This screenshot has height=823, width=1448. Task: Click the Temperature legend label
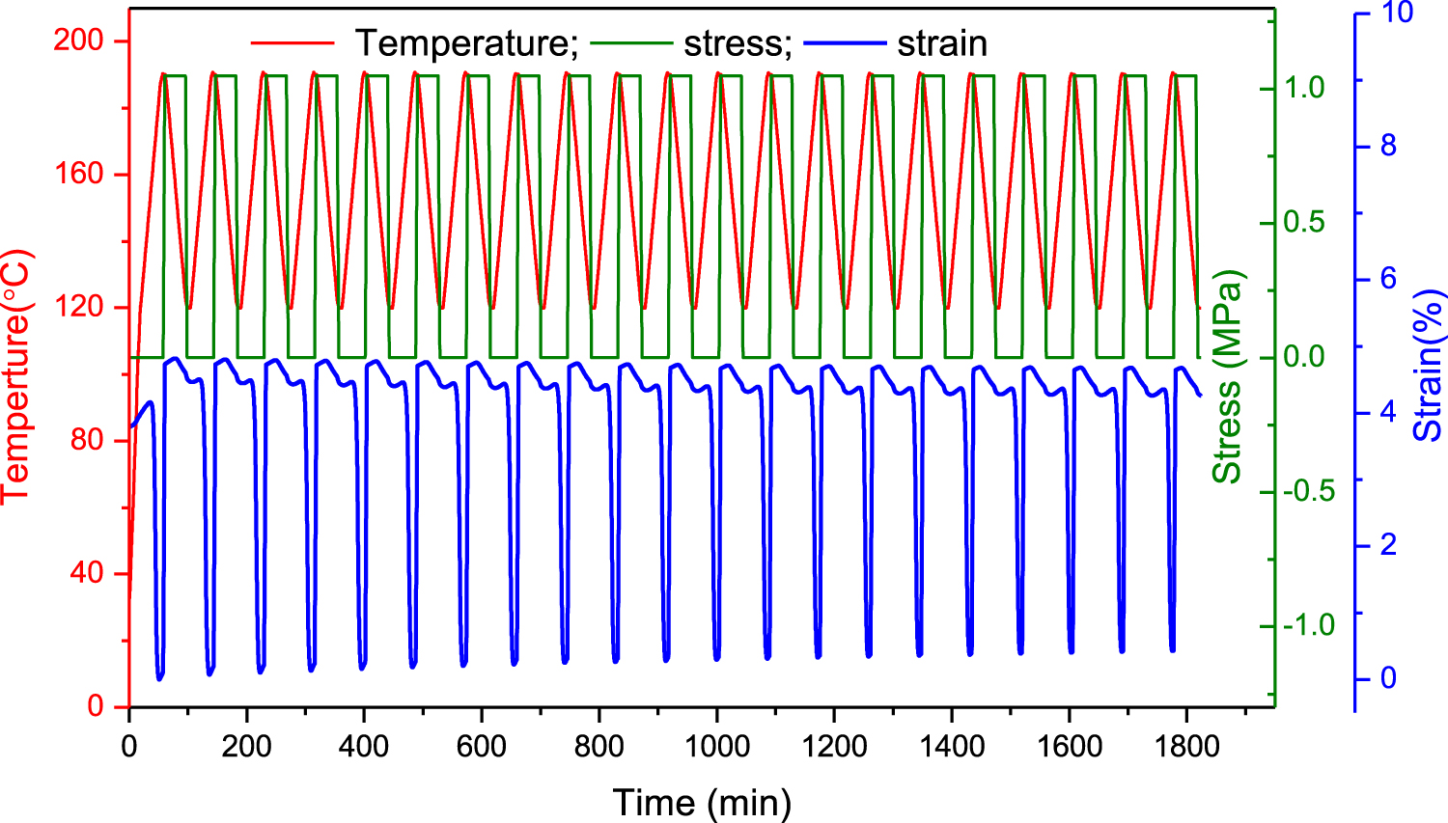click(465, 43)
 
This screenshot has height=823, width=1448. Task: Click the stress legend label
click(738, 43)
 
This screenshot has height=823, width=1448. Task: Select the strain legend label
click(941, 43)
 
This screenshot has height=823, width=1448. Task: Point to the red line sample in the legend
click(292, 43)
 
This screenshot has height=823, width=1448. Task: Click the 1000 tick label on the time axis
click(716, 746)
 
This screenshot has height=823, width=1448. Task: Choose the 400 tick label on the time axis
click(364, 746)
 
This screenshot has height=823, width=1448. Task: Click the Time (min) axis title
click(702, 802)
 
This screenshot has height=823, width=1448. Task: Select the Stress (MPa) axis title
click(1227, 376)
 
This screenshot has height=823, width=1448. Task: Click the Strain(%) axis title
click(1429, 366)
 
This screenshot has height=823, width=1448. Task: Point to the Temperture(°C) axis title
click(16, 376)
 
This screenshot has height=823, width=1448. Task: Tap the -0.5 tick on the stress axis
click(1308, 491)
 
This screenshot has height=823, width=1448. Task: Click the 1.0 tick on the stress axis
click(1305, 88)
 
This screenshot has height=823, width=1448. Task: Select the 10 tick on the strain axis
click(1398, 13)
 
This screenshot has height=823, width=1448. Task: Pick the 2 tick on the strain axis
click(1388, 545)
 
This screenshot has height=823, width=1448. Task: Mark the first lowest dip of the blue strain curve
click(159, 678)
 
